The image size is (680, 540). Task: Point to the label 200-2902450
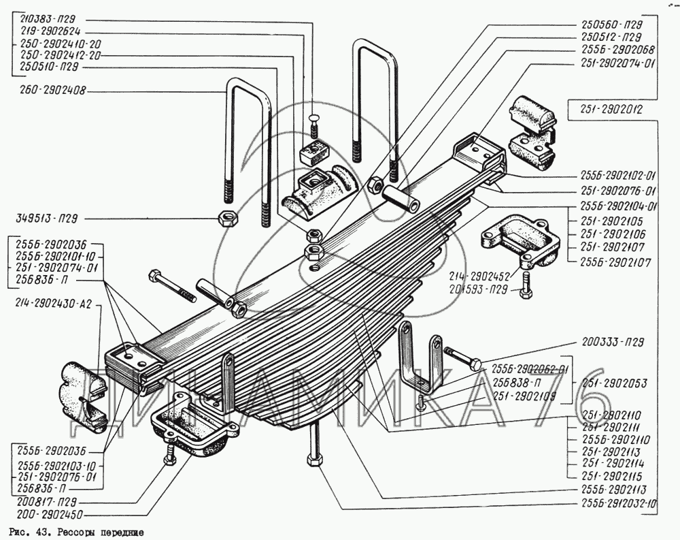46,515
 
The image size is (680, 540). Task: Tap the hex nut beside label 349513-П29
226,219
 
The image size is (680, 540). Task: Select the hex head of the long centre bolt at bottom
315,461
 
